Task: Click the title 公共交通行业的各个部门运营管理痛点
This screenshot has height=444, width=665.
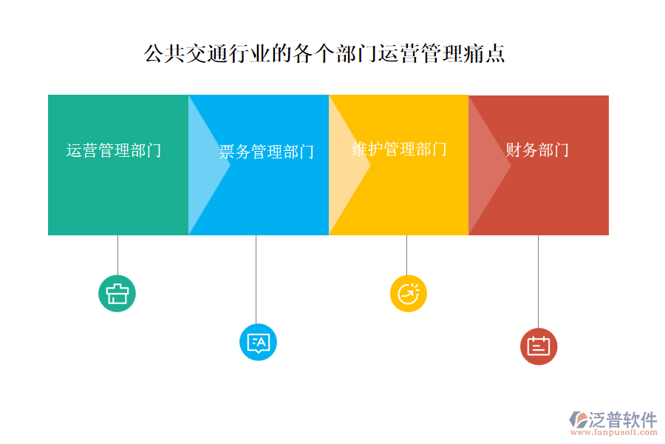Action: click(x=324, y=53)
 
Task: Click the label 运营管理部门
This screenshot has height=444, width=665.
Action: click(x=114, y=150)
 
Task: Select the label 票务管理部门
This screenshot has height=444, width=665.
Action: click(x=266, y=152)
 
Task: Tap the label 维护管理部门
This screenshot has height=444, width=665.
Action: click(x=399, y=149)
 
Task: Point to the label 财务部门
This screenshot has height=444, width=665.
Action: click(x=537, y=149)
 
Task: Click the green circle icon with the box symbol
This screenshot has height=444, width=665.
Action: click(x=117, y=294)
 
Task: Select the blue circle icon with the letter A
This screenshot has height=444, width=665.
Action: click(x=258, y=342)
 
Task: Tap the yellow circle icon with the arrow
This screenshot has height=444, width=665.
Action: click(x=409, y=294)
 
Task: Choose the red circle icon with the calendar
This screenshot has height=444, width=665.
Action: click(x=539, y=346)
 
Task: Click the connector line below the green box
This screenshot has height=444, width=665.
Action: click(x=118, y=255)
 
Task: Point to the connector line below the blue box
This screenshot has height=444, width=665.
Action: click(x=256, y=279)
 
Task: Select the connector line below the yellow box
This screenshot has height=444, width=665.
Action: click(x=406, y=255)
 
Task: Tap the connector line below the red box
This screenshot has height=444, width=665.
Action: click(x=538, y=282)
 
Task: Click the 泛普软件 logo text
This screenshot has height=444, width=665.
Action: click(x=623, y=420)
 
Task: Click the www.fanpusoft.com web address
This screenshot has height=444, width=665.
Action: click(x=614, y=432)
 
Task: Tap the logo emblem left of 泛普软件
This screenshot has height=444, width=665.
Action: click(x=579, y=420)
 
